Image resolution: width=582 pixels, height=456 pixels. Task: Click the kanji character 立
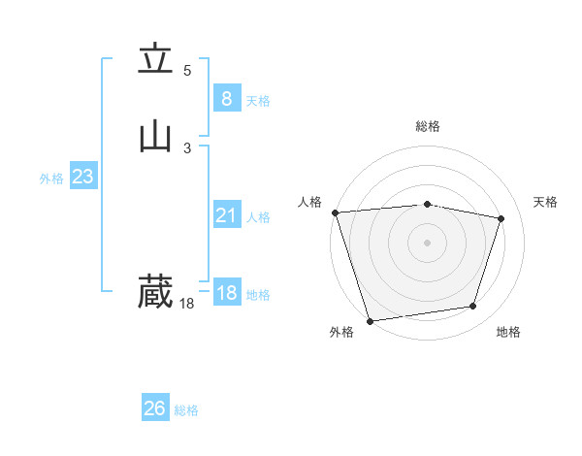click(155, 60)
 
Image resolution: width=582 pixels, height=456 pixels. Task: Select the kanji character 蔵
click(155, 291)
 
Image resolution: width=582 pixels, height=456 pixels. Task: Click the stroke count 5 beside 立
click(187, 71)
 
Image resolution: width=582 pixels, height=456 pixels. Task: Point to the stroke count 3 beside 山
click(187, 147)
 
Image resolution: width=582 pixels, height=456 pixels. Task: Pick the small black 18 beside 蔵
click(186, 304)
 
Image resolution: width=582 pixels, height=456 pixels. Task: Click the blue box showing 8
click(226, 99)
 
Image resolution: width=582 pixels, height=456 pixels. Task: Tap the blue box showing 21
click(226, 215)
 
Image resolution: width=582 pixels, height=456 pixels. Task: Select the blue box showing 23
click(82, 177)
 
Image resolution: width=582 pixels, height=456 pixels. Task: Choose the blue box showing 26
click(155, 408)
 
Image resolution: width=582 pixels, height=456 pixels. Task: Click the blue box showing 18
click(226, 293)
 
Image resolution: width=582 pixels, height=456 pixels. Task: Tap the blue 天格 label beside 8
click(258, 101)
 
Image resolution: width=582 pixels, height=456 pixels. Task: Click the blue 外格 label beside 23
click(51, 179)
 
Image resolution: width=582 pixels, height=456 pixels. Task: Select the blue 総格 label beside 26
click(186, 410)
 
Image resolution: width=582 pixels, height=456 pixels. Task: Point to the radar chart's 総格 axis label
click(427, 126)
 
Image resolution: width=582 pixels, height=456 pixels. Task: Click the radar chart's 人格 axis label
click(310, 202)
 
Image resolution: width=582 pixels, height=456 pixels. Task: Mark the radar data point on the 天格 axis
click(501, 218)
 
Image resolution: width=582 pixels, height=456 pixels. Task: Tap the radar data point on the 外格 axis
click(370, 320)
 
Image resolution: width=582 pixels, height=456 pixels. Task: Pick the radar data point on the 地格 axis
click(473, 307)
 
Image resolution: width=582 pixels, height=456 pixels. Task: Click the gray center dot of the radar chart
click(427, 242)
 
